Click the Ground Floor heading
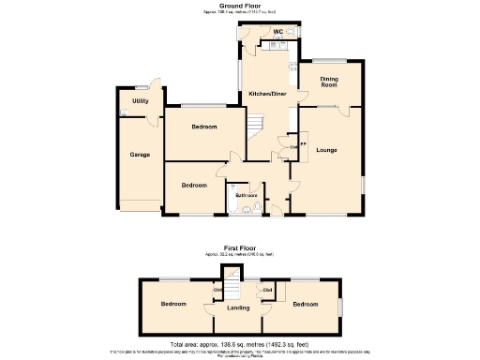coord(239,5)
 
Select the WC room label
coord(277,33)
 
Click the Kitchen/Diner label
coord(266,95)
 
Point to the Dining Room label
coord(328,82)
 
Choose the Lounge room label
coord(326,150)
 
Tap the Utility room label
coord(141,100)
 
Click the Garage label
coord(140,154)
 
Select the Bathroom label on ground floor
coord(247,195)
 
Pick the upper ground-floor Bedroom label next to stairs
coord(203,127)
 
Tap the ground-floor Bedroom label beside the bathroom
coord(194,186)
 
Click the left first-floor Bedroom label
coord(172,305)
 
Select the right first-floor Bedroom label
coord(305,305)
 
